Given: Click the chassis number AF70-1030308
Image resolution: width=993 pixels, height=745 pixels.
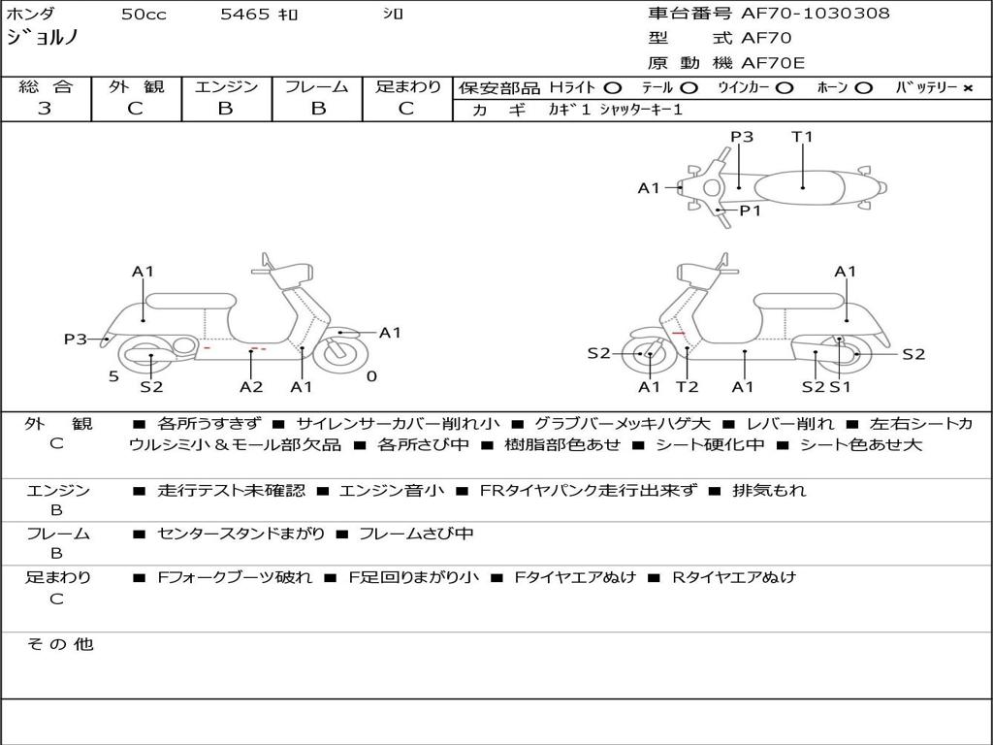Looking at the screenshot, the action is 815,13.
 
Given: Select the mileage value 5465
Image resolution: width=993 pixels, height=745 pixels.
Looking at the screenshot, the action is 245,14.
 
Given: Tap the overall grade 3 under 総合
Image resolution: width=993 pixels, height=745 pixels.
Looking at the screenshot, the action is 45,109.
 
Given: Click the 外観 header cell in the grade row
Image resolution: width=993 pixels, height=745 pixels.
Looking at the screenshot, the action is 136,86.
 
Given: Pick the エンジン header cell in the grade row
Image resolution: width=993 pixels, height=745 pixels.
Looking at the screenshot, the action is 226,86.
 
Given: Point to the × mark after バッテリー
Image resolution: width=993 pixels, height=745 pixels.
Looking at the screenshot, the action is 968,88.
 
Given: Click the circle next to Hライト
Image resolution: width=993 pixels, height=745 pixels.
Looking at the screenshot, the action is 613,88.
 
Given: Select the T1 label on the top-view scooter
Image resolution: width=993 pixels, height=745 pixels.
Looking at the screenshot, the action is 802,136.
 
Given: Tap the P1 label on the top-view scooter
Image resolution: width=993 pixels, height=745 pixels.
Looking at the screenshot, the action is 751,211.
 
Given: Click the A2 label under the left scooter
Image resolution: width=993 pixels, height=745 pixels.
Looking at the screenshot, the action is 251,386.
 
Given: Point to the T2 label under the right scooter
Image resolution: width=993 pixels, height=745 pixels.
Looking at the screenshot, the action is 688,386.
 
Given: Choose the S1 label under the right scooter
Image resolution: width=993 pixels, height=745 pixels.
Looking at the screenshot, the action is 840,386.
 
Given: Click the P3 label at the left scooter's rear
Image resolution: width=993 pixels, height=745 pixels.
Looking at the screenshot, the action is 76,339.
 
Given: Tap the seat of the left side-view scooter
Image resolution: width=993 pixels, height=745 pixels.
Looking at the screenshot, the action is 191,301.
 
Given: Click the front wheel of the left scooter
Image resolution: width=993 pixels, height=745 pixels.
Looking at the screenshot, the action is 340,353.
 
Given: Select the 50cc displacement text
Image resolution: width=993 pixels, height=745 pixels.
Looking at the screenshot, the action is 144,14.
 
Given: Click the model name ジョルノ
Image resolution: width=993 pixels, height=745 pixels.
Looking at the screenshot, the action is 42,38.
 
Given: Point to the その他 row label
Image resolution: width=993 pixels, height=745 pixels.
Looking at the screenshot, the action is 59,644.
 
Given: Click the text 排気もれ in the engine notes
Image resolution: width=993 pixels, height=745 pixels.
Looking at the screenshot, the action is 769,490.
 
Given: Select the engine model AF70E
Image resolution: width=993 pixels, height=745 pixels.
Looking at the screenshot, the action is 773,63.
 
